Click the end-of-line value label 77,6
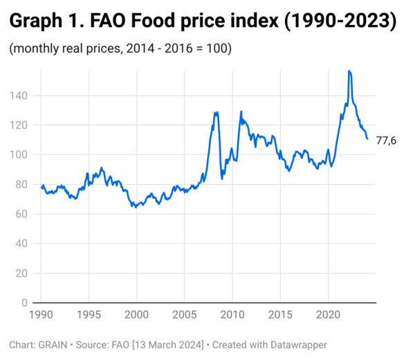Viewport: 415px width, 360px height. [386, 141]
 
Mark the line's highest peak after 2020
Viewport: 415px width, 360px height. [349, 71]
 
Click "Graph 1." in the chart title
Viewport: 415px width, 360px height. [46, 22]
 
